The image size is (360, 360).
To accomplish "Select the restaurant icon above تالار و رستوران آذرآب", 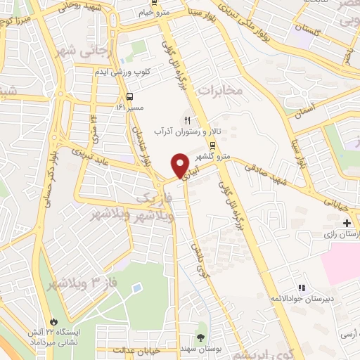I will (x=187, y=120).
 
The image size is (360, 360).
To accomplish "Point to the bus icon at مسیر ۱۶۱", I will (x=129, y=98).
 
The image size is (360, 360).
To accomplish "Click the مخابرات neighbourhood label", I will (x=221, y=89).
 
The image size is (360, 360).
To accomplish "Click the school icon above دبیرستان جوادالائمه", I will (x=302, y=288).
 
